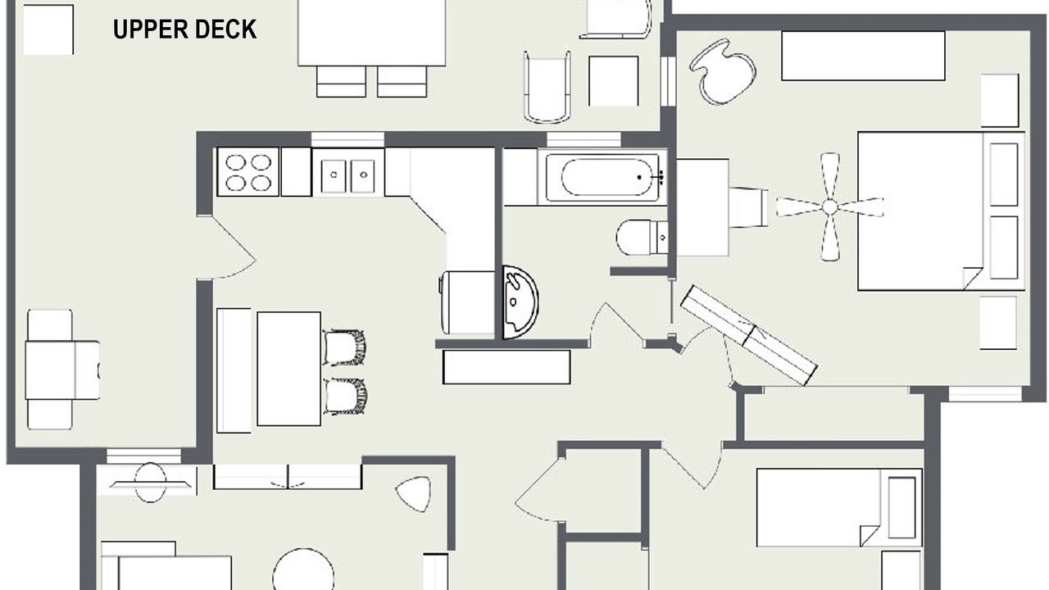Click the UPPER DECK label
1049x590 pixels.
click(184, 29)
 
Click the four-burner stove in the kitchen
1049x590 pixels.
click(248, 172)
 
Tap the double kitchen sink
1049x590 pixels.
click(348, 173)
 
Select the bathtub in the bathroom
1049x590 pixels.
click(602, 178)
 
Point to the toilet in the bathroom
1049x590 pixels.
click(643, 238)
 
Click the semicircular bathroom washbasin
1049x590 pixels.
click(520, 302)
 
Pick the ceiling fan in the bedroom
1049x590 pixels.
click(830, 206)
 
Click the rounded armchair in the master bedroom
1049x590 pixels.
click(722, 71)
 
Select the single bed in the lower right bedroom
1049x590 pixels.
click(839, 507)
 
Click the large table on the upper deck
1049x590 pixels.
click(372, 33)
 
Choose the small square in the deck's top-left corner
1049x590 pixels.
click(48, 30)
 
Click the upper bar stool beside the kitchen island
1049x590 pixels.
click(344, 347)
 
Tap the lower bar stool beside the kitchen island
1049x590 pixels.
click(345, 396)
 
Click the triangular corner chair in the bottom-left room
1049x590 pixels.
click(414, 493)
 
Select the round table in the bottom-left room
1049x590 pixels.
click(303, 571)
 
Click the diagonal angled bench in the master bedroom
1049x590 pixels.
click(749, 335)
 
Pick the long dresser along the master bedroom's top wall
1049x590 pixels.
click(863, 57)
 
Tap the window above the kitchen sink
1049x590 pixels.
click(348, 139)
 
